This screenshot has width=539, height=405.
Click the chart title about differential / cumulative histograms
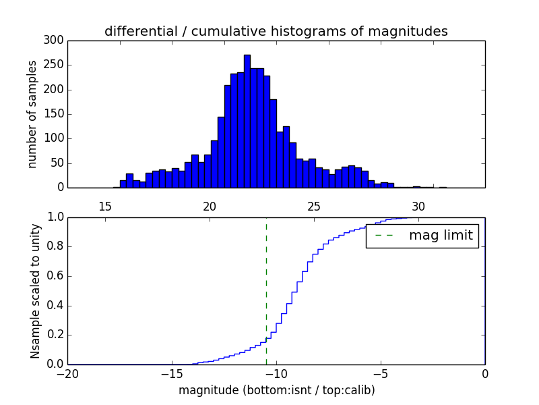(x=276, y=31)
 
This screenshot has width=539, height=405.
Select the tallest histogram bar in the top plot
(x=247, y=122)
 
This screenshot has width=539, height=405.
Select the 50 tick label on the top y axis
(x=58, y=163)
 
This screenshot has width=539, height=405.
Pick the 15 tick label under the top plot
(x=105, y=207)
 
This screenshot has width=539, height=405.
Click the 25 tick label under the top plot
(x=313, y=207)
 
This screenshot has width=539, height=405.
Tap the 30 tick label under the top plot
(x=418, y=207)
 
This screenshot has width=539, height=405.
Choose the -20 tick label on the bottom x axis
(x=67, y=373)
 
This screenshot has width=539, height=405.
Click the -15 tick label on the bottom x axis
(x=172, y=373)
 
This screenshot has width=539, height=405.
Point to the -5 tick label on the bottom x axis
(x=381, y=373)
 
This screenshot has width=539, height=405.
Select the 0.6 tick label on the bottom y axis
(x=55, y=276)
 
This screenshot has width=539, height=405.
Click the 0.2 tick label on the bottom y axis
(x=55, y=335)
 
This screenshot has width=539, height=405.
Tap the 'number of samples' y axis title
(x=32, y=114)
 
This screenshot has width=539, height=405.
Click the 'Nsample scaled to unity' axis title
(x=35, y=291)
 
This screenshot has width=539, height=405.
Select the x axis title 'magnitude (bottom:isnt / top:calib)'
(x=276, y=389)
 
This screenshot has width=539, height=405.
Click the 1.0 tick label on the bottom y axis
(x=55, y=217)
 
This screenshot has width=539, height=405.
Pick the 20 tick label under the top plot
(x=210, y=207)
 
